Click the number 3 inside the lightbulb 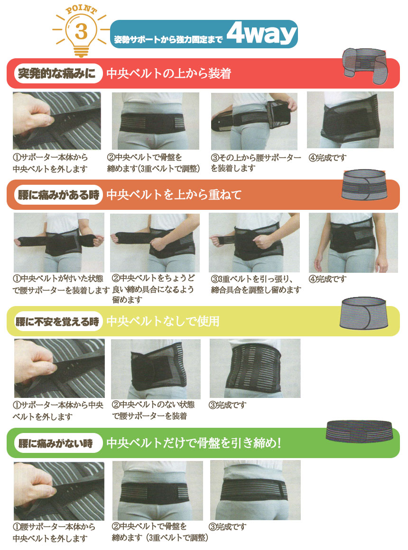tap(81, 31)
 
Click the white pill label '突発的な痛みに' tap(57, 73)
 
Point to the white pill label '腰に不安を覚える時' tap(57, 321)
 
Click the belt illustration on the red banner tap(365, 66)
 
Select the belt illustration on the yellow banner tap(364, 313)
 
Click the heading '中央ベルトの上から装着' tap(169, 73)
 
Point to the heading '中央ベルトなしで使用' tap(163, 321)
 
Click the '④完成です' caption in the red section tap(327, 158)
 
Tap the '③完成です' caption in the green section tap(228, 526)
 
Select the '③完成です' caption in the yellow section tap(228, 405)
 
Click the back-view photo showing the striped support tap(255, 368)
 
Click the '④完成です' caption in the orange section tap(327, 279)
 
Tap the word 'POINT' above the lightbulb tap(81, 9)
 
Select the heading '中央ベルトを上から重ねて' tap(174, 195)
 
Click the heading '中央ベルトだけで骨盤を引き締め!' tap(194, 443)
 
